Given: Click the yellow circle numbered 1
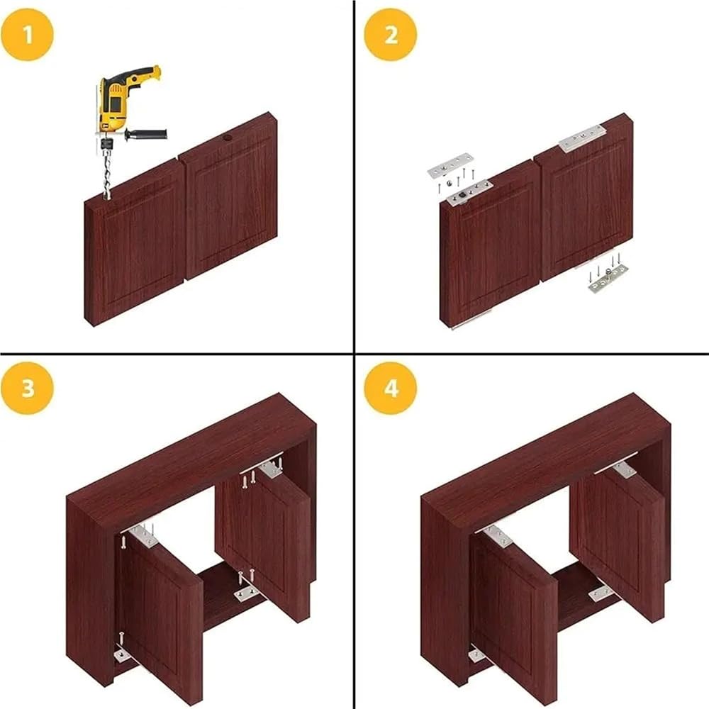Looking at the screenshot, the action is (x=27, y=34).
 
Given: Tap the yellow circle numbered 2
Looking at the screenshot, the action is (x=390, y=34).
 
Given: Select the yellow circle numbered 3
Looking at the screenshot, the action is (x=27, y=388).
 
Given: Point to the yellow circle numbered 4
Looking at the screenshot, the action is (x=390, y=388).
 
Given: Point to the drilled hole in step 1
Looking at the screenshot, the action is (x=227, y=138).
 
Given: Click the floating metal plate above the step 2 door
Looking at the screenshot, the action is (x=450, y=165).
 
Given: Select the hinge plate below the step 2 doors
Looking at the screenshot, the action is (x=607, y=280).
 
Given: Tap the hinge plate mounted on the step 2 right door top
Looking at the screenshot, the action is (x=582, y=138).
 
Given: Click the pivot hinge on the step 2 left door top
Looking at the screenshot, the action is (x=469, y=193).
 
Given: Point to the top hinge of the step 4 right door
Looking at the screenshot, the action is (x=625, y=469).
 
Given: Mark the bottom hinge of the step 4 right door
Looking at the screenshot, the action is (x=601, y=592).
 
